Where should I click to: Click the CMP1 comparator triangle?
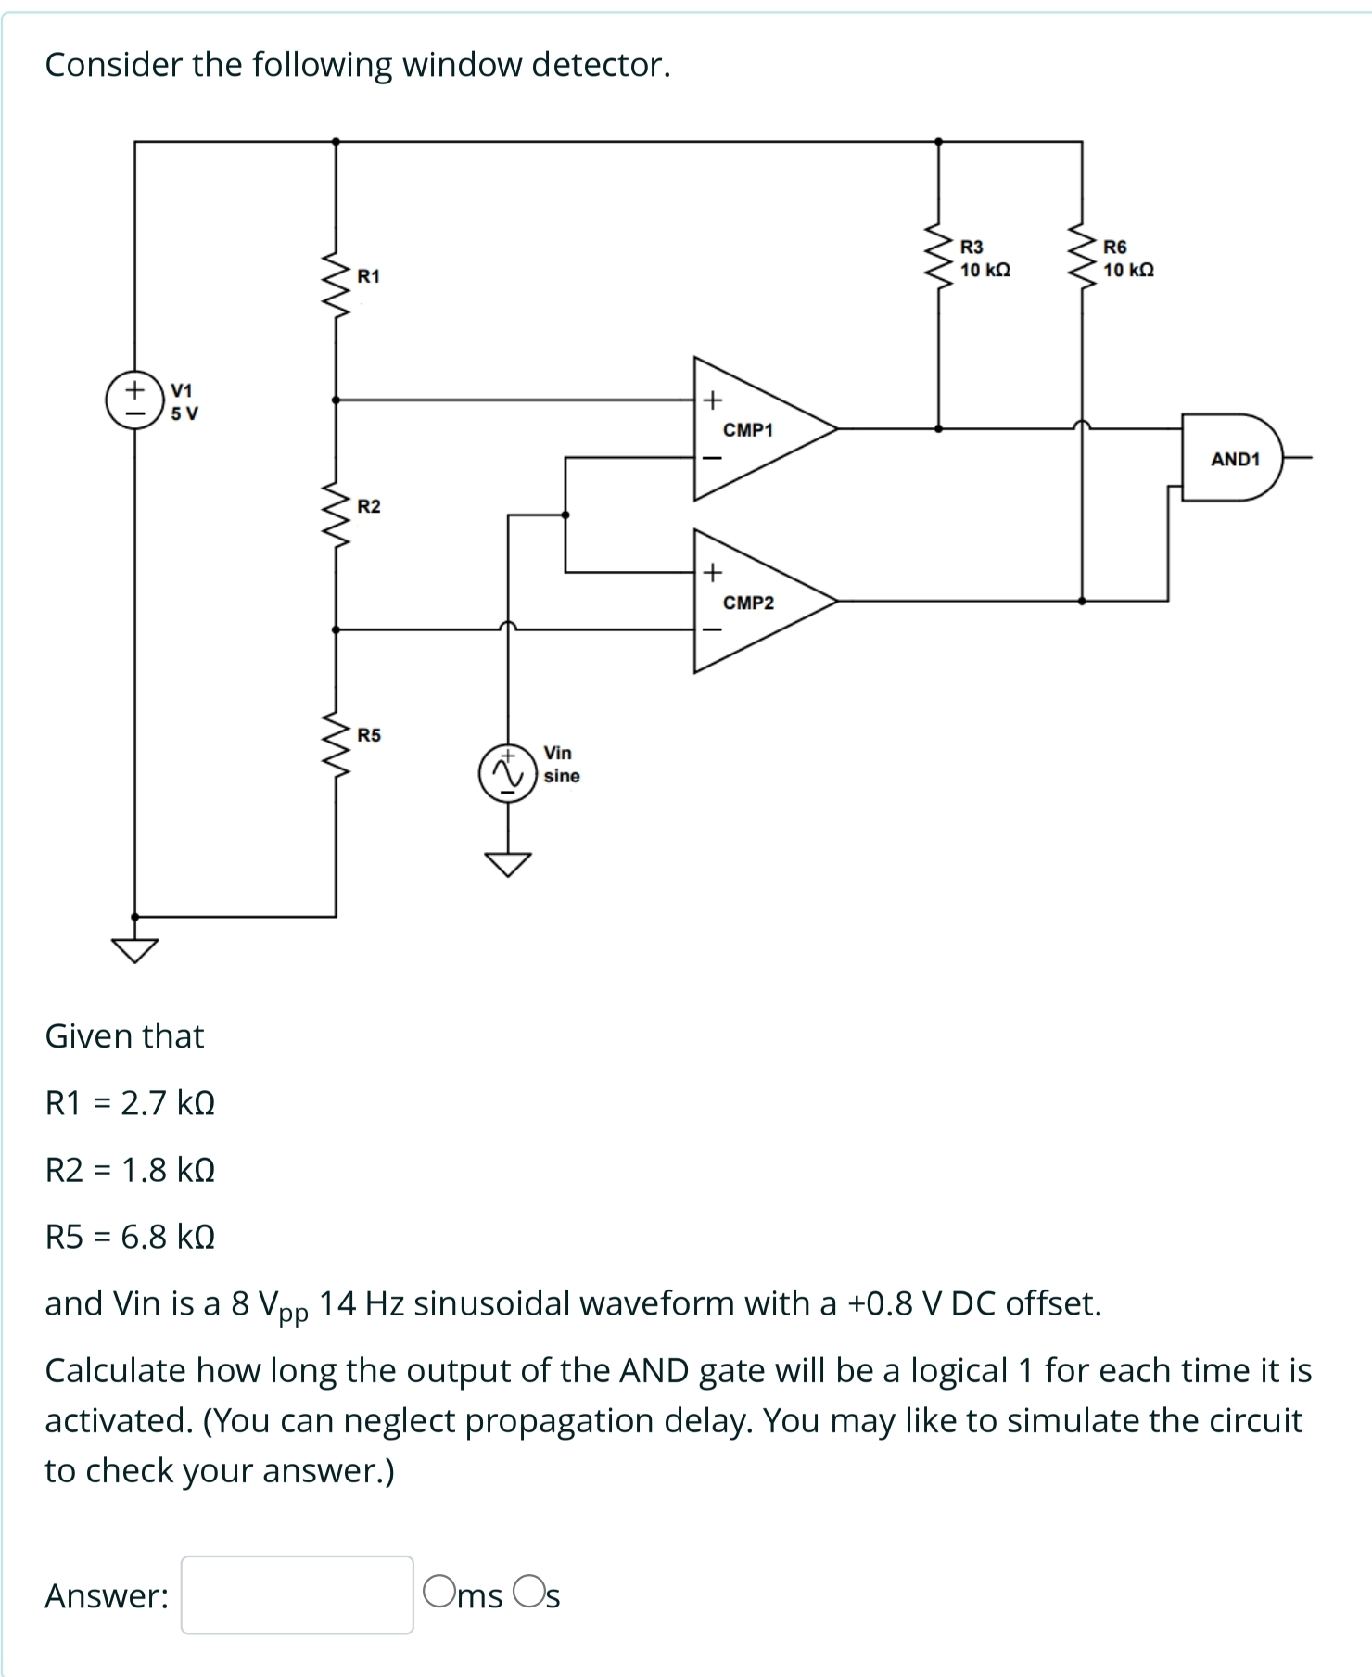756,429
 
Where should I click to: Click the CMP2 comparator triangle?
756,602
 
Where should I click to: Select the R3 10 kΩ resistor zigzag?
939,257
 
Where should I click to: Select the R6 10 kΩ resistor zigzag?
1082,257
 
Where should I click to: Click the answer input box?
297,1594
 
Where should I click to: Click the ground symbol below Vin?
507,863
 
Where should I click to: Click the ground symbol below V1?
135,949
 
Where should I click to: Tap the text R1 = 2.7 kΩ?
130,1103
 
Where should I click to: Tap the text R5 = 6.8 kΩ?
130,1237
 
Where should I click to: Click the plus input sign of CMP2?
711,573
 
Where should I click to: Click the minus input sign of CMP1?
711,458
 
